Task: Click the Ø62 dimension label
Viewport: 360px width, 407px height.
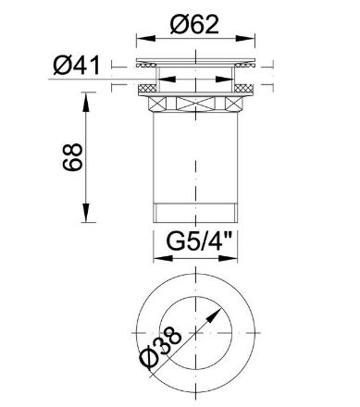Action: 194,24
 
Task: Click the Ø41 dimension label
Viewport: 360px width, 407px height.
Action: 77,66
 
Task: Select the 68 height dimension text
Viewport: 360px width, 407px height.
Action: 73,157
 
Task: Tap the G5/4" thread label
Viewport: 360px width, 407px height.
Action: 199,241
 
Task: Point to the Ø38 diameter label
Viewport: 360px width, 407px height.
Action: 161,348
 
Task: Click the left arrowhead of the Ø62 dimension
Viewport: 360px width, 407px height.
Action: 145,39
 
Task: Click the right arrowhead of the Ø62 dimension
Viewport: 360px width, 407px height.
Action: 246,39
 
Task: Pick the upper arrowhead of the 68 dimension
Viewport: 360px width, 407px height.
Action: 86,101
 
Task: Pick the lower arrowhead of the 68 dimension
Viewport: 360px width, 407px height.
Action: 86,213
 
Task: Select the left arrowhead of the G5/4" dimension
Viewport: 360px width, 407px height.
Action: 163,258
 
